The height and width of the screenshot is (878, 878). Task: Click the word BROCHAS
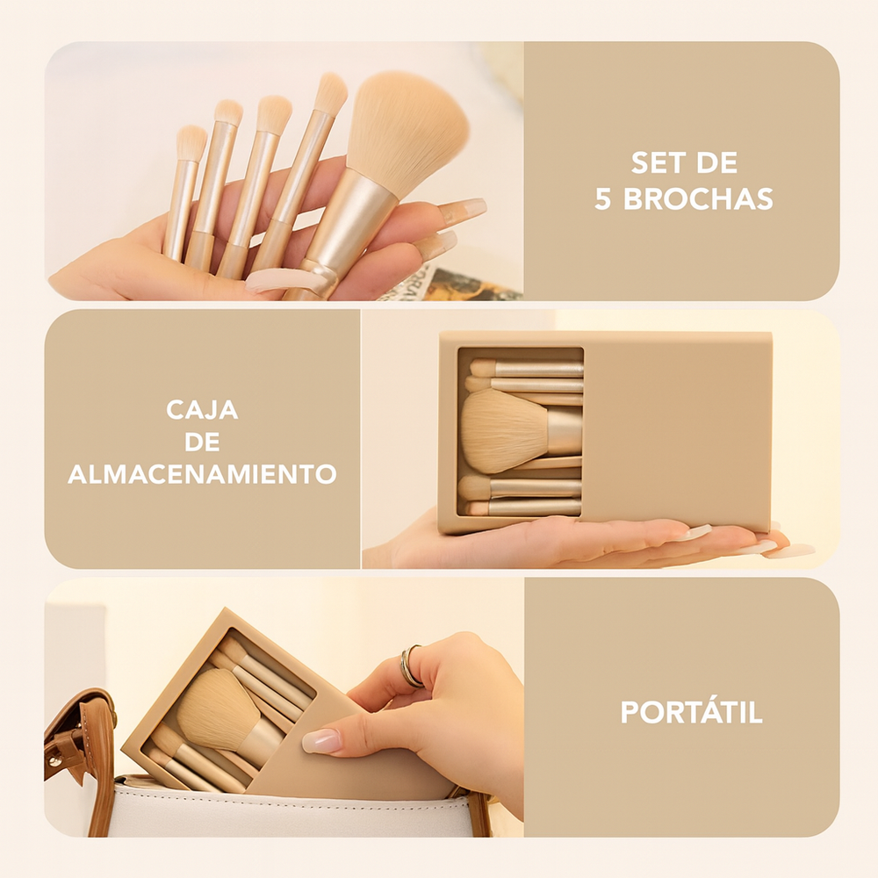(x=698, y=199)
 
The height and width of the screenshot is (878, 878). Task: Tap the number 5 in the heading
(x=602, y=200)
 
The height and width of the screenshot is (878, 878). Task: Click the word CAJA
(x=202, y=410)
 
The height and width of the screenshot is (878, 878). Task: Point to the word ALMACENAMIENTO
(x=202, y=474)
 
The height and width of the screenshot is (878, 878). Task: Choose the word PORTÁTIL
(x=692, y=712)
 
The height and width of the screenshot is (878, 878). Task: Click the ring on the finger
(x=410, y=666)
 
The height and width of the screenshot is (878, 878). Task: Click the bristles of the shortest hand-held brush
(x=191, y=143)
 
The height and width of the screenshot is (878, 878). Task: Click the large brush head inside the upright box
(x=503, y=430)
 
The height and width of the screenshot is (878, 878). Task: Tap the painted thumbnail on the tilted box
(x=321, y=740)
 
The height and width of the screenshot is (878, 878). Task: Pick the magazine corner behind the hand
(x=454, y=284)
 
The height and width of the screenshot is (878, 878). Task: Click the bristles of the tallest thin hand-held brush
(x=331, y=92)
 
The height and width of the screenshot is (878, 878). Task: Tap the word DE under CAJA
(x=202, y=443)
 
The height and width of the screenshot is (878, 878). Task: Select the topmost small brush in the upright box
(x=526, y=369)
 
